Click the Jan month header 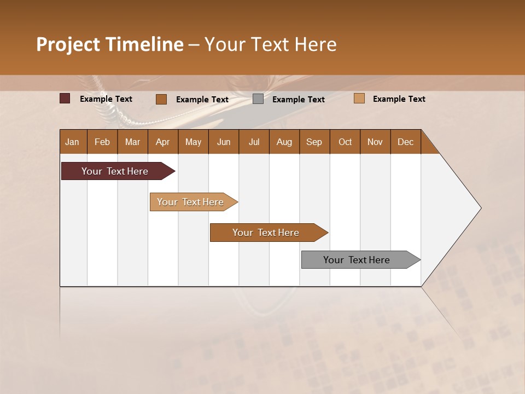pos(73,142)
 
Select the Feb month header pos(102,142)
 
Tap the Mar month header pos(132,142)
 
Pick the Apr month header pos(163,142)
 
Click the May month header pos(193,142)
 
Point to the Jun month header pos(224,142)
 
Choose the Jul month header pos(254,142)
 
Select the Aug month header pos(284,142)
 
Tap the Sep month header pos(314,142)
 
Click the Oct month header pos(345,142)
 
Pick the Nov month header pos(375,142)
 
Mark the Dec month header pos(406,142)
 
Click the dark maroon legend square pos(65,99)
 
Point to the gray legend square pos(258,99)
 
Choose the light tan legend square pos(359,99)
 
